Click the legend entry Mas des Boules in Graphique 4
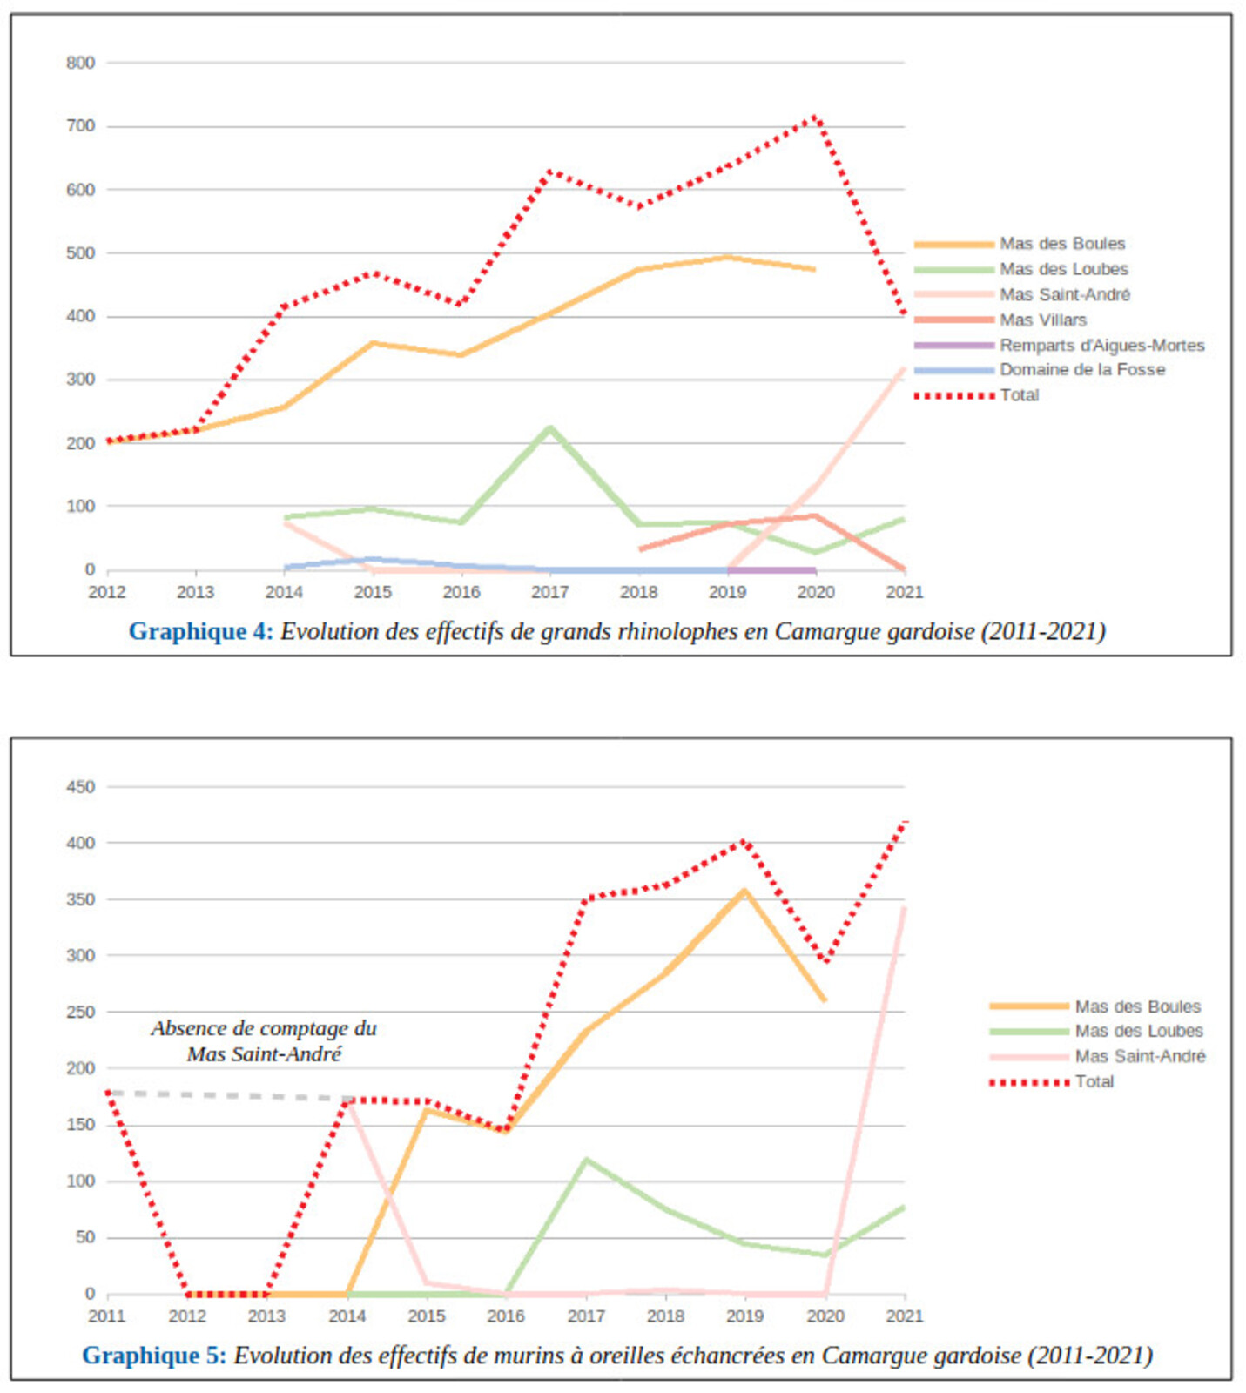point(1061,244)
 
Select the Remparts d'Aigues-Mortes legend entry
point(1101,345)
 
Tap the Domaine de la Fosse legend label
point(1081,369)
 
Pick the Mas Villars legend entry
point(1042,320)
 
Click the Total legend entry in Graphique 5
point(1094,1081)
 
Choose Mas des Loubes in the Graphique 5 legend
point(1138,1031)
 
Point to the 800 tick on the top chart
point(80,63)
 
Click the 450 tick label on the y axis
point(80,787)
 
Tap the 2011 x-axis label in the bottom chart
point(107,1316)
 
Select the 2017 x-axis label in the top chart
point(549,592)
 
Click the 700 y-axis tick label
point(80,126)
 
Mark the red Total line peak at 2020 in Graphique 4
point(815,117)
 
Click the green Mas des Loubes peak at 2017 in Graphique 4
point(549,427)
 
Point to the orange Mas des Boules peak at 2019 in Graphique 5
point(744,891)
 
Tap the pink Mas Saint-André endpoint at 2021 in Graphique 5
point(905,909)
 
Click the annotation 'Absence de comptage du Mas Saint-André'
point(264,1041)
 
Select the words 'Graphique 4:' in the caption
point(200,631)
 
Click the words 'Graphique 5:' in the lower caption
point(154,1356)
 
